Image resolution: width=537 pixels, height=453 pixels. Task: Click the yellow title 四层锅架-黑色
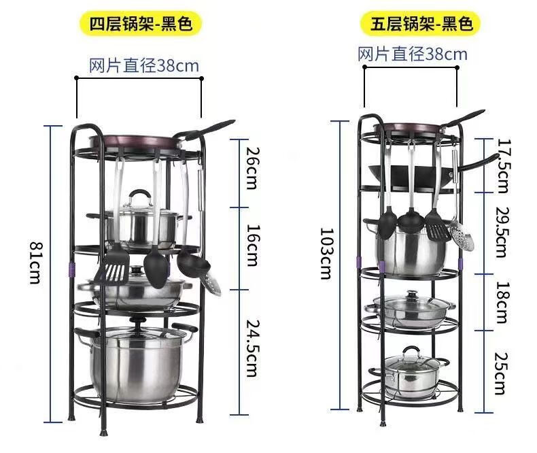point(141,24)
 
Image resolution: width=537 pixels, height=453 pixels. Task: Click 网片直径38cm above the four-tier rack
point(144,66)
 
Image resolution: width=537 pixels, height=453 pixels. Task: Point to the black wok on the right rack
point(408,175)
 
